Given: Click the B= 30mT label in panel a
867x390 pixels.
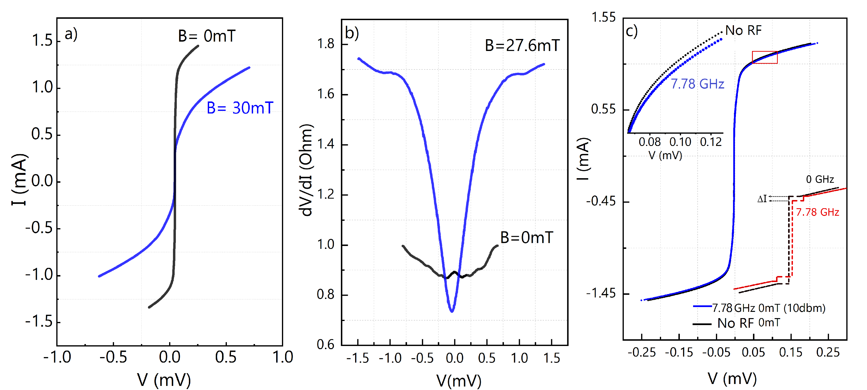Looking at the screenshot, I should [240, 108].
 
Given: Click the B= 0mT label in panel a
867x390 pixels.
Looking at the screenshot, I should [206, 36].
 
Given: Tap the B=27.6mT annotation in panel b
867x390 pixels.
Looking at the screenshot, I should [522, 45].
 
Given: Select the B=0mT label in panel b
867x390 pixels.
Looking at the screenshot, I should [526, 238].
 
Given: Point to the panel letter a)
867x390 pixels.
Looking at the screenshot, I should [71, 34].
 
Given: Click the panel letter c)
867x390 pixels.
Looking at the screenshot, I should [631, 31].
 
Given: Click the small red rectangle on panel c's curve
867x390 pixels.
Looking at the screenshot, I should [765, 57].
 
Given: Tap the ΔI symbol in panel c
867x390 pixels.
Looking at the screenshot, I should [762, 199].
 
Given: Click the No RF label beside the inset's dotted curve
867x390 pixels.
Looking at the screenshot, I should [743, 31].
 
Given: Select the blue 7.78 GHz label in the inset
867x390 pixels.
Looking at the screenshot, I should [697, 84].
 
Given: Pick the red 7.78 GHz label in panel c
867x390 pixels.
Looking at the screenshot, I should [817, 212].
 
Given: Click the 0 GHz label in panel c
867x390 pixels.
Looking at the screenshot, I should [820, 179].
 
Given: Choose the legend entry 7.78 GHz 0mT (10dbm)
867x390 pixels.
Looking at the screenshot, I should [768, 308].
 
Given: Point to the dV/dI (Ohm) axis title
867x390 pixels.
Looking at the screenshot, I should [306, 170].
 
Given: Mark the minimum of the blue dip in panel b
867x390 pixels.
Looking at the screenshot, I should [452, 311].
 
